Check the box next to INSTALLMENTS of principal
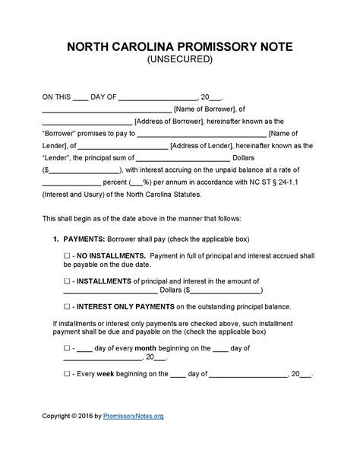[67, 280]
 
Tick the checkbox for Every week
[67, 374]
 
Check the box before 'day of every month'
[67, 348]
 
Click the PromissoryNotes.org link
[126, 437]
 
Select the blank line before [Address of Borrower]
[87, 121]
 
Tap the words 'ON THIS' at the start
[55, 97]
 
